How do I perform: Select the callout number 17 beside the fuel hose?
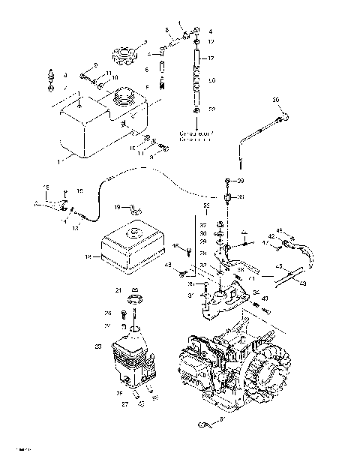[211, 58]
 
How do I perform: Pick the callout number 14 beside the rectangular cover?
[88, 256]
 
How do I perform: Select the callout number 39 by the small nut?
[241, 182]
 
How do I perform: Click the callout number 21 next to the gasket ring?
[118, 289]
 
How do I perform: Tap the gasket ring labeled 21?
[135, 302]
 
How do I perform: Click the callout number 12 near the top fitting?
[211, 42]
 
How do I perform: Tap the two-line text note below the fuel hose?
[196, 135]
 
